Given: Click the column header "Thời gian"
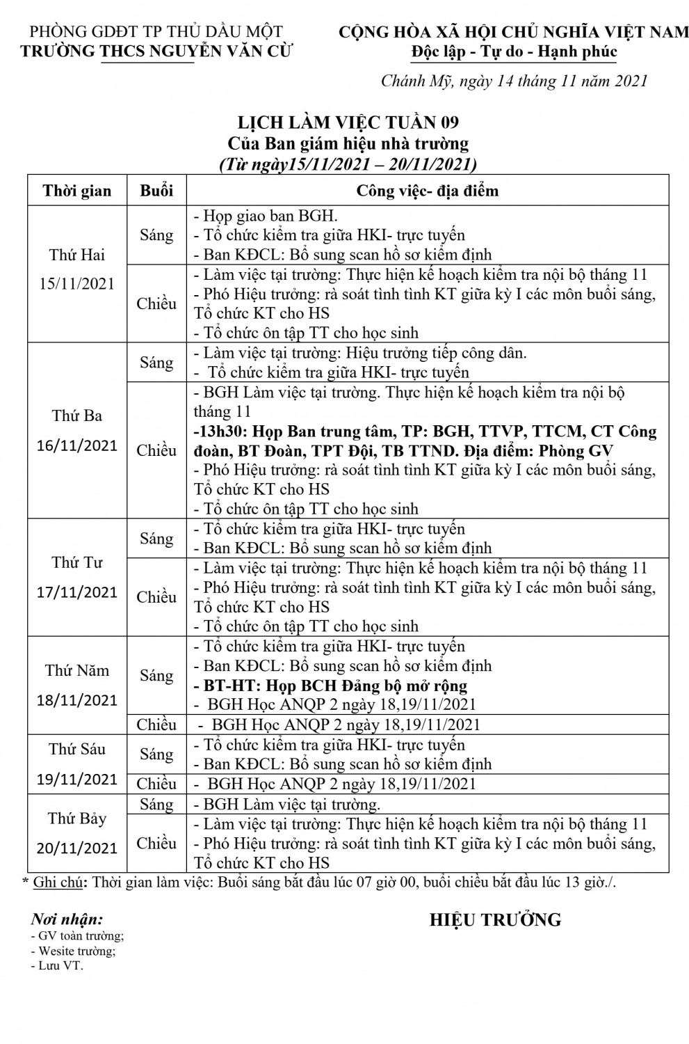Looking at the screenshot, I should tap(76, 191).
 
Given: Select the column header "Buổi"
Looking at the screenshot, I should tap(156, 191).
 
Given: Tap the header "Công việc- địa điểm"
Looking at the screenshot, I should tap(427, 191).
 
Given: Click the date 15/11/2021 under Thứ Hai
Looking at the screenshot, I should tap(76, 284).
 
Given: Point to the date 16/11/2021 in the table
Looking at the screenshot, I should tap(76, 445).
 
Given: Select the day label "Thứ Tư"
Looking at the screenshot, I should tap(76, 562).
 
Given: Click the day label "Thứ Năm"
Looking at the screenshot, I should tap(76, 670).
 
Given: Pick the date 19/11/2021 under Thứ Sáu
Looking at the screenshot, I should tap(76, 778).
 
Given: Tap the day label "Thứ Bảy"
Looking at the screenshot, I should tap(76, 818).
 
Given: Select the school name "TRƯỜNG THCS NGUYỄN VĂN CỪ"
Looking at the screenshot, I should tap(157, 51).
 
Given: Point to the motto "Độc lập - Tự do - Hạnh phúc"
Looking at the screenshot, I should tap(514, 52).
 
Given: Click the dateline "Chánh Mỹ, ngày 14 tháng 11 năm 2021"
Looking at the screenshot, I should tap(514, 81).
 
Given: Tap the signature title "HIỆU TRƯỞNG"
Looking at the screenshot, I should tap(495, 920).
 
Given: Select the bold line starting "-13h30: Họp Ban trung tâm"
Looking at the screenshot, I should tap(425, 432).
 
